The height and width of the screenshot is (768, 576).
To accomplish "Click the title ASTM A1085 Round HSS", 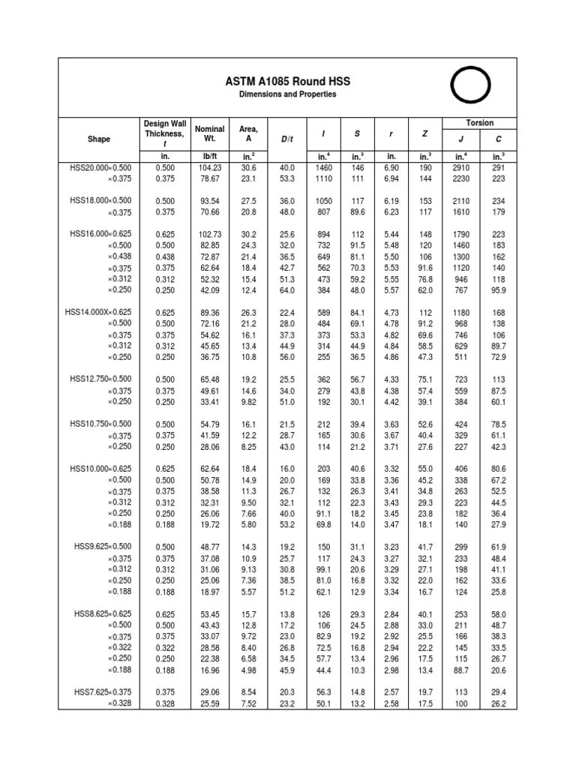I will tap(288, 81).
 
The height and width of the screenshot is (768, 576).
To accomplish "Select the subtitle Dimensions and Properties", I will tap(288, 94).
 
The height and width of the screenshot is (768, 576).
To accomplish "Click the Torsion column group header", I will tap(480, 122).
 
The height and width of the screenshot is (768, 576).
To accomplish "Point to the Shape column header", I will tap(98, 139).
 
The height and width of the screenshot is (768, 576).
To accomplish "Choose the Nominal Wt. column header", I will tap(209, 133).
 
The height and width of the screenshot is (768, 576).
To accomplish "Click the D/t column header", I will tap(287, 139).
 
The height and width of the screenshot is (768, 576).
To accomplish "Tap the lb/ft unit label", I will tap(209, 156).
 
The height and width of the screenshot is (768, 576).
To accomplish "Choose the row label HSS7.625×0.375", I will tap(103, 692).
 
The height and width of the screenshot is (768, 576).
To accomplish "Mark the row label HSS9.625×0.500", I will tap(103, 547).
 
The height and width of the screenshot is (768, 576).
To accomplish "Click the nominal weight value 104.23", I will tap(209, 168).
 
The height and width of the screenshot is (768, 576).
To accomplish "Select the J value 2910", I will tap(460, 168).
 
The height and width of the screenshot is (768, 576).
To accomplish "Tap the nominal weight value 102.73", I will tap(209, 234).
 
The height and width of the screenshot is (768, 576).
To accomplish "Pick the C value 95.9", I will tap(499, 289).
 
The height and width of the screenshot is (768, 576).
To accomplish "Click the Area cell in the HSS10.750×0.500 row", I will tap(248, 424).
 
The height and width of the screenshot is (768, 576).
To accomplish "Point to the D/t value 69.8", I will tap(287, 524).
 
